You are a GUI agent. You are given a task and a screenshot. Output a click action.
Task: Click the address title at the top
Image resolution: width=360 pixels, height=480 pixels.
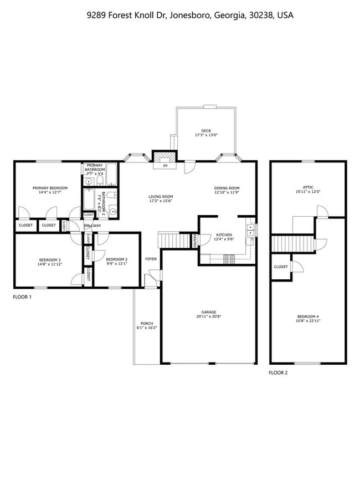point(190,16)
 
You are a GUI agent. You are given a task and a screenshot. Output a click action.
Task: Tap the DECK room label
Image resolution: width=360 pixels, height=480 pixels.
point(206,131)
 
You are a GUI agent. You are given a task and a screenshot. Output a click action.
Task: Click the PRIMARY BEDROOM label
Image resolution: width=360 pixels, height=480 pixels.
point(50,188)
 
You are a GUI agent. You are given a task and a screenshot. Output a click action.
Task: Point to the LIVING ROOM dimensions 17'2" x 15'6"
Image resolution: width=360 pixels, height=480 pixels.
point(161,201)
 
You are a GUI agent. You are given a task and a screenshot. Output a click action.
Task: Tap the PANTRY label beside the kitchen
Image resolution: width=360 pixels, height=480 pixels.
point(195,241)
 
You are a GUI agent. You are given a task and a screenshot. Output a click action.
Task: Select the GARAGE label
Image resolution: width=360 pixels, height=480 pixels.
point(209,312)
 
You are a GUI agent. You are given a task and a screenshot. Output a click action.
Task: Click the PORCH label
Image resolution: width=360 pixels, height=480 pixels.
point(147,324)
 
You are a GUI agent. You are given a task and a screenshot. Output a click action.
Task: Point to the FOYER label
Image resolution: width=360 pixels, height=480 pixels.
point(151,259)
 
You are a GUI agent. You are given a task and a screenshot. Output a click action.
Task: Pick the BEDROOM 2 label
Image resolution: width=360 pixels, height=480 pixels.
point(117,259)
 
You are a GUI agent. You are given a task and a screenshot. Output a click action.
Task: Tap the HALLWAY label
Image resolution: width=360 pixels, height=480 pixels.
point(92,226)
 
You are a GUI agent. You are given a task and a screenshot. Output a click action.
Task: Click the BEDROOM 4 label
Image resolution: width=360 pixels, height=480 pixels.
point(308,316)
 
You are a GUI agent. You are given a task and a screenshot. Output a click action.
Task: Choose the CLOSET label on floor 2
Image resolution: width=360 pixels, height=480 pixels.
point(281,267)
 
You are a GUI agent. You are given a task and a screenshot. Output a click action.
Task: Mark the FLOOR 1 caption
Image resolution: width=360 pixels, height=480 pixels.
point(23,297)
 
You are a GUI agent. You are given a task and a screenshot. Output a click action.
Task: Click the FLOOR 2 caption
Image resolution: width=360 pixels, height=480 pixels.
point(279,372)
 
